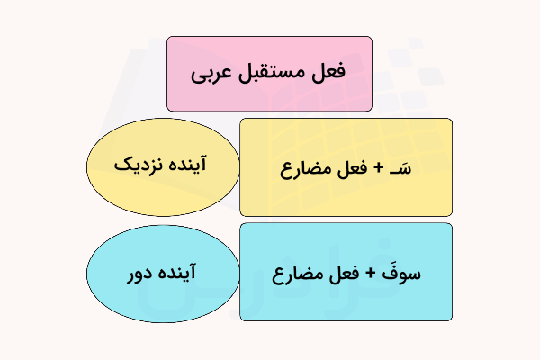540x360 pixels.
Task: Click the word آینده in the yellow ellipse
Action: (x=191, y=167)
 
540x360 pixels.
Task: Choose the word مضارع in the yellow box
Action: (x=306, y=168)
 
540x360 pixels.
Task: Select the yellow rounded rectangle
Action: (x=346, y=198)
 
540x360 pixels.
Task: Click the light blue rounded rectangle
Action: (x=346, y=301)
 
